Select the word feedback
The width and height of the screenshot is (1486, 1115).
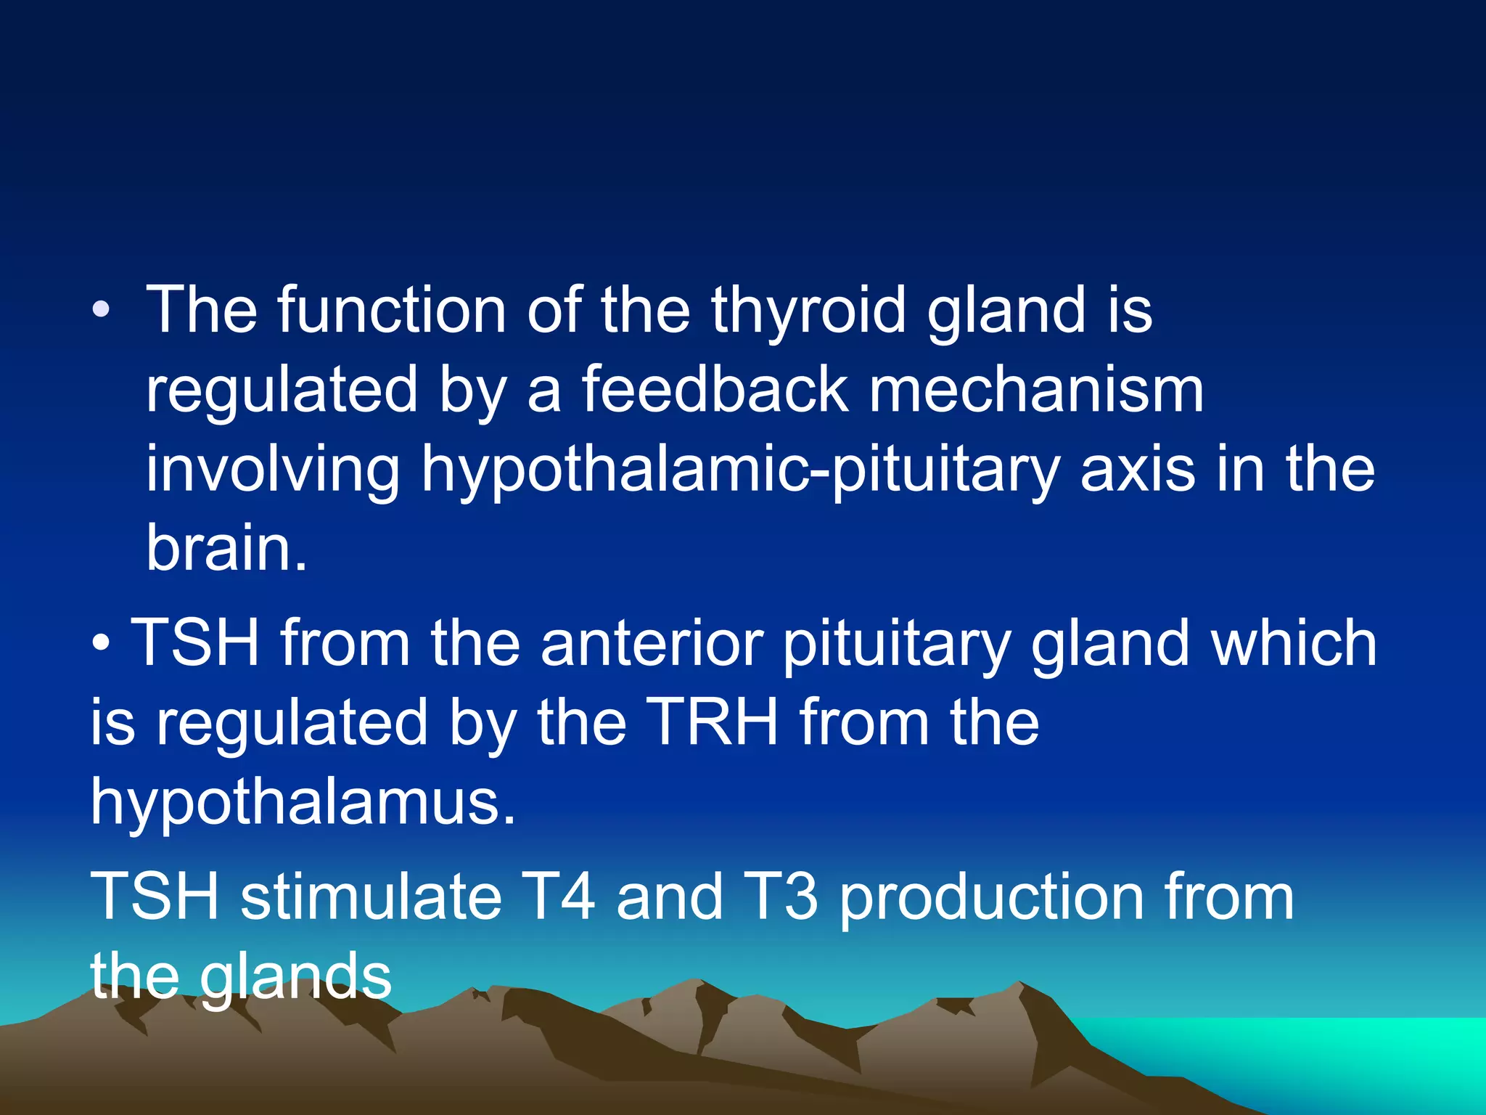715,391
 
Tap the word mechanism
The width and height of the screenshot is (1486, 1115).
1036,391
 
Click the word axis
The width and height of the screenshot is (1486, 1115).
1137,470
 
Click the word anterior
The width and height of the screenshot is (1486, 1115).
651,644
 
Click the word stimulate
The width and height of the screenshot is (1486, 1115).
371,897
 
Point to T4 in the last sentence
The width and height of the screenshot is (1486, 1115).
559,897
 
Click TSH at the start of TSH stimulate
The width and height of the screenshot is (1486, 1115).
155,897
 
